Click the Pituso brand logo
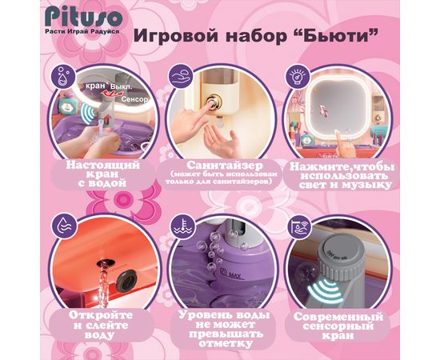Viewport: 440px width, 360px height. (x=83, y=18)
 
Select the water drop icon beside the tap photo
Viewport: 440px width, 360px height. (x=63, y=76)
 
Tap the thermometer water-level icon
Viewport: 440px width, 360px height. (x=183, y=226)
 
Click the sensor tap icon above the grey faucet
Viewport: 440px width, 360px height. (x=299, y=226)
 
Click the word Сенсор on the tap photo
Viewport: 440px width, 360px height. (x=134, y=99)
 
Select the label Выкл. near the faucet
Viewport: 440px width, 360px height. (x=121, y=87)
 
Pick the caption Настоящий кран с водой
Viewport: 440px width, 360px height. (x=102, y=174)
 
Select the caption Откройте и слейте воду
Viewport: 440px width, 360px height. (x=101, y=326)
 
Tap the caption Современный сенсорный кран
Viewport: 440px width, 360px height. (x=338, y=326)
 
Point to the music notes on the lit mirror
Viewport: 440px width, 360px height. (x=324, y=111)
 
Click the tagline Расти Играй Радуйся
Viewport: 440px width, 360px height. (x=82, y=32)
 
